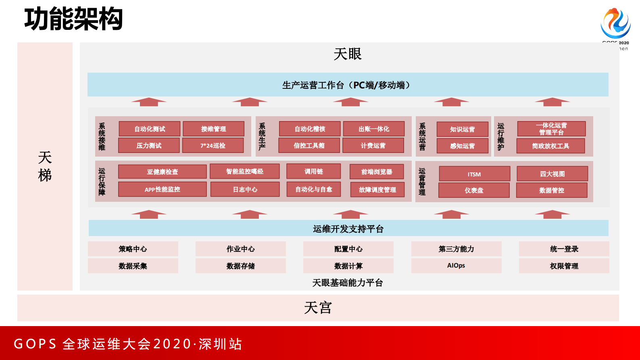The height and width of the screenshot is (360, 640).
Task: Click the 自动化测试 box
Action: pyautogui.click(x=150, y=129)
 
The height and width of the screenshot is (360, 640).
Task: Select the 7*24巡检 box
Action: pyautogui.click(x=213, y=146)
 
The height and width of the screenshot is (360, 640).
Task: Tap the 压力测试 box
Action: pyautogui.click(x=149, y=146)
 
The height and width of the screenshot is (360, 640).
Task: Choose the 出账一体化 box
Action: pyautogui.click(x=374, y=129)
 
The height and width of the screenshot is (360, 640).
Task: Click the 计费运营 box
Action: pyautogui.click(x=373, y=146)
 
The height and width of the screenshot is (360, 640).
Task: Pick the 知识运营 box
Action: pyautogui.click(x=463, y=130)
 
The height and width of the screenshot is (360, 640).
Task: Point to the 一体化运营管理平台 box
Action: pyautogui.click(x=551, y=129)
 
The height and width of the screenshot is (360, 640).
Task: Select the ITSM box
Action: pyautogui.click(x=474, y=174)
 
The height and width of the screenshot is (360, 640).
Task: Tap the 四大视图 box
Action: pyautogui.click(x=552, y=174)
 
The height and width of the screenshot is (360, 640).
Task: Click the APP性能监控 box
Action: pyautogui.click(x=162, y=189)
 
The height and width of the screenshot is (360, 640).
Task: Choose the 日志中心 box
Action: pyautogui.click(x=245, y=189)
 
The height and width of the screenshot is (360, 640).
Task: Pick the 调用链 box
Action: pyautogui.click(x=313, y=172)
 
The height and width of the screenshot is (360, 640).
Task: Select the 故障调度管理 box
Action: pyautogui.click(x=377, y=190)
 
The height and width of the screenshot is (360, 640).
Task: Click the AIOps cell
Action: pyautogui.click(x=456, y=266)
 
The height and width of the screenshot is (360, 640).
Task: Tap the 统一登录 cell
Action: pyautogui.click(x=564, y=249)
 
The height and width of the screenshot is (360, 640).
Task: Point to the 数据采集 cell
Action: pyautogui.click(x=133, y=266)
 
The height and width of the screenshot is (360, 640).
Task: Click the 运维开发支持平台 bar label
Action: pyautogui.click(x=348, y=229)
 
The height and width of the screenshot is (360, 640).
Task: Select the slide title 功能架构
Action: pyautogui.click(x=73, y=19)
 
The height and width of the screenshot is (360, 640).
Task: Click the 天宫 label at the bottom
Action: pyautogui.click(x=318, y=308)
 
